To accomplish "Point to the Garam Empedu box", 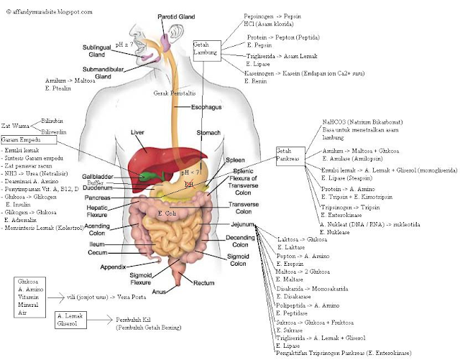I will click(19, 139).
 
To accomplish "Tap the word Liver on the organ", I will click(138, 132).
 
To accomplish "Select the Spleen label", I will click(235, 160).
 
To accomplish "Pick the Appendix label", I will click(113, 267).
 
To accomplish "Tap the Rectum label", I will click(204, 282).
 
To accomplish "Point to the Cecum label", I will click(97, 253).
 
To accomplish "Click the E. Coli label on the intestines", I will click(167, 214).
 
